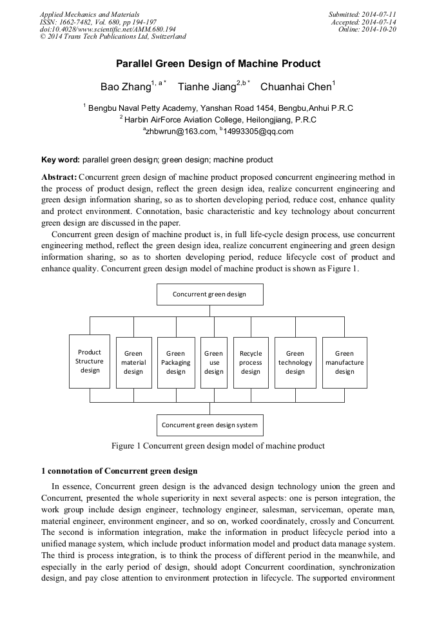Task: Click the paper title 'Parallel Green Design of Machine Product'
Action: [218, 64]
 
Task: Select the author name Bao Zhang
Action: [125, 86]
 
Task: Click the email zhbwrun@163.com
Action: [180, 131]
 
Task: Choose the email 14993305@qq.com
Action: [258, 131]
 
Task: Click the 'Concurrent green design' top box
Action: [209, 295]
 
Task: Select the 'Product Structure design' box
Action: [90, 362]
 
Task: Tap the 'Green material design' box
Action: [133, 362]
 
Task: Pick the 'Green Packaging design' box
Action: [175, 362]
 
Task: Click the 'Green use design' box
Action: [213, 362]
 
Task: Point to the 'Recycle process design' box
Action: [251, 362]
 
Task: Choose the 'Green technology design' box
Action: [295, 362]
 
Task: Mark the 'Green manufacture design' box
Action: [344, 362]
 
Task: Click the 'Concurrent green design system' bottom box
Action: [209, 425]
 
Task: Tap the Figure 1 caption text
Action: [218, 445]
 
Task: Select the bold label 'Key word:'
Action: [61, 160]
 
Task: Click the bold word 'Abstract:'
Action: [59, 177]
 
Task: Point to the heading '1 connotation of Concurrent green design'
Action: [119, 471]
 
